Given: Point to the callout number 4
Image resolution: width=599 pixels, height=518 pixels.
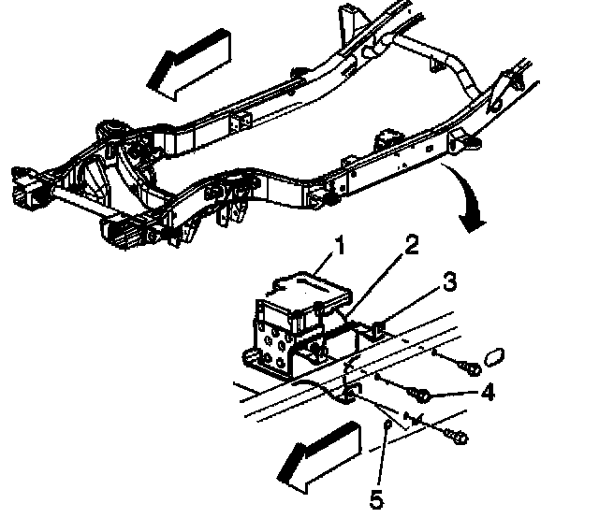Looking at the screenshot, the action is coord(487,393).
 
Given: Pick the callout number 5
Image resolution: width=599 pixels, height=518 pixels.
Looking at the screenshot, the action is coord(375,499).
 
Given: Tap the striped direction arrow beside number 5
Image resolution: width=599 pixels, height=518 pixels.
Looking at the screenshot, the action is coord(318,454).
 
